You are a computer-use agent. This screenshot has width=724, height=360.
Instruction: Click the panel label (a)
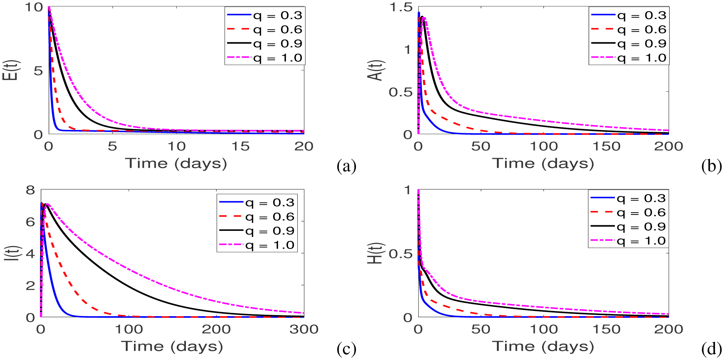pos(346,166)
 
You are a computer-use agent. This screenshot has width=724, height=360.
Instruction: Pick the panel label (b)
pos(711,166)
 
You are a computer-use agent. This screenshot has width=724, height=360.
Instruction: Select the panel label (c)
pos(346,349)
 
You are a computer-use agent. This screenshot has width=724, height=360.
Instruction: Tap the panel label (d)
pos(711,349)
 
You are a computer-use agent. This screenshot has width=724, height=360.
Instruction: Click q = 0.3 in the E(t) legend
pos(278,16)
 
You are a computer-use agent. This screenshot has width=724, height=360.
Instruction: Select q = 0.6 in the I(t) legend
pos(270,217)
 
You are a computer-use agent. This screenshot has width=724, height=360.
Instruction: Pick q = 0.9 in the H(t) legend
pos(641,227)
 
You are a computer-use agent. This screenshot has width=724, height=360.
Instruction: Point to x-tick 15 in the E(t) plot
pos(240,146)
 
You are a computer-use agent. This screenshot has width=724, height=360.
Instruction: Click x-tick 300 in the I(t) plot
pos(304,329)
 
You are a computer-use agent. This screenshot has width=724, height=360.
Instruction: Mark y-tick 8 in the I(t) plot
pos(30,190)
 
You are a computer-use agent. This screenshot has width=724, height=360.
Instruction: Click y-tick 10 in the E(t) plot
pos(34,7)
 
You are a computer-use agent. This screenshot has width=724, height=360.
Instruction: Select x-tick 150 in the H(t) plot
pos(606,329)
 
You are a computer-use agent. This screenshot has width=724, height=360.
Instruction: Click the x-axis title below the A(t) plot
pos(543,163)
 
